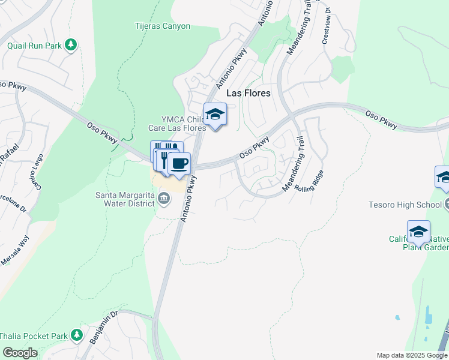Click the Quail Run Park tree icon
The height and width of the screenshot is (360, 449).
click(71, 45)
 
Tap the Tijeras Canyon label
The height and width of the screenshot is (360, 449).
click(161, 26)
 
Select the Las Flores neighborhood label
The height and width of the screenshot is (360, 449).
click(248, 94)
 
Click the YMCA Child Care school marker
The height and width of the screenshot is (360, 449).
click(215, 114)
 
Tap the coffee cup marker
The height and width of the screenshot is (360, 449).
click(179, 164)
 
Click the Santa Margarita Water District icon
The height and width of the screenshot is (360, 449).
click(164, 198)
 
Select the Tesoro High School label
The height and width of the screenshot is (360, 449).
click(405, 205)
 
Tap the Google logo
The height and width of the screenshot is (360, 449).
click(20, 353)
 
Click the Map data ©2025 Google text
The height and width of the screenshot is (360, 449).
click(411, 355)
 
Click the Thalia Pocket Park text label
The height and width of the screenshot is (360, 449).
click(34, 336)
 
